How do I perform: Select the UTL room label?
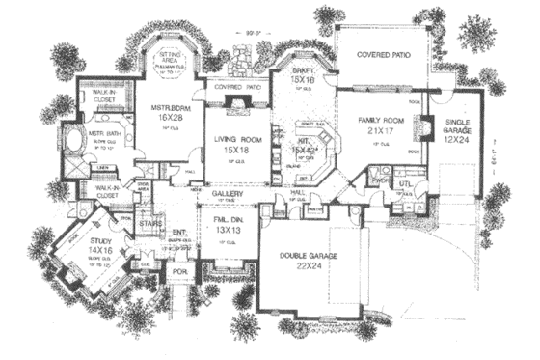pyautogui.click(x=406, y=181)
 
